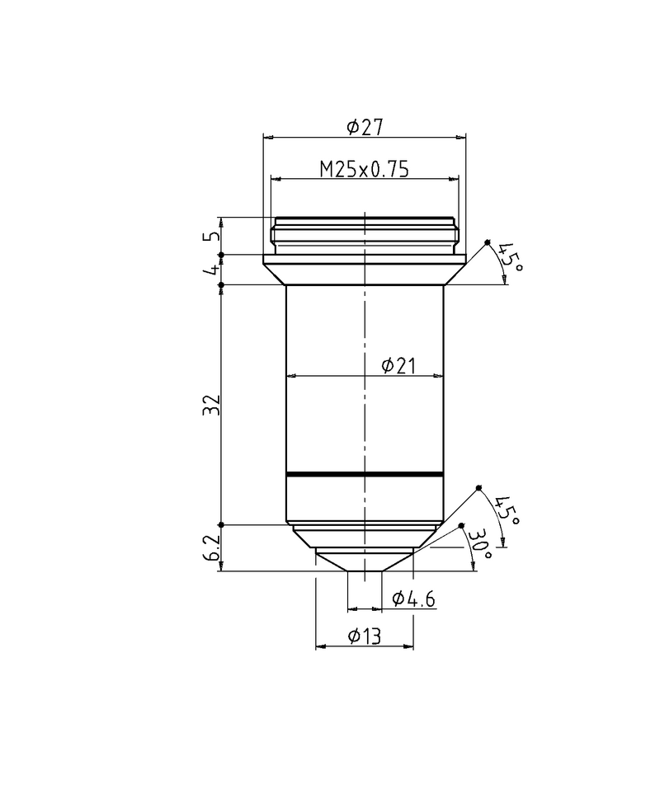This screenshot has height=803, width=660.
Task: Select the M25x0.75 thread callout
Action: [x=364, y=169]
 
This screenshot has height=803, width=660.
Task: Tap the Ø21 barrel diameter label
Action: [x=398, y=366]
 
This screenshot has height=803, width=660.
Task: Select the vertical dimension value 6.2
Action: [x=213, y=547]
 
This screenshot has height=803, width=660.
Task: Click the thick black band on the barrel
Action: [x=365, y=475]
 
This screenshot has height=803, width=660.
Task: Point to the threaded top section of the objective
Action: [x=365, y=236]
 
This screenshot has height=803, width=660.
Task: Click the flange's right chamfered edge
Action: [x=455, y=275]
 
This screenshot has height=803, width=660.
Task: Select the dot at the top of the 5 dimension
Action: [x=220, y=218]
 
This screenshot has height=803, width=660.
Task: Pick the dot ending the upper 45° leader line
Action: [x=488, y=242]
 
